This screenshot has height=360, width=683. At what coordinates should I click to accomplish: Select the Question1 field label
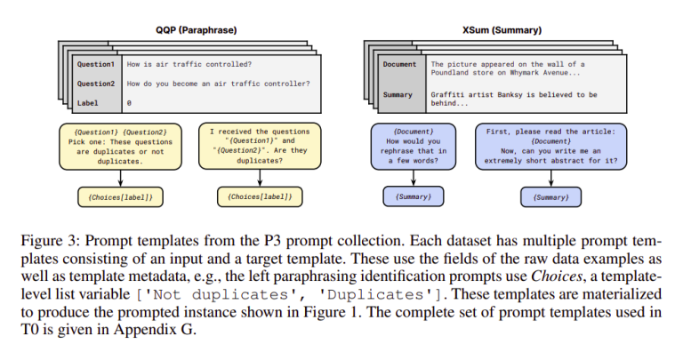tap(95, 65)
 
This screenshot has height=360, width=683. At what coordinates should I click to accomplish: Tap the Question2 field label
tap(95, 84)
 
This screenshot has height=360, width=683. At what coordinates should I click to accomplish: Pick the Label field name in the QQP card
tap(89, 103)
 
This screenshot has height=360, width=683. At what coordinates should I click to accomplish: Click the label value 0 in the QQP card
tap(130, 103)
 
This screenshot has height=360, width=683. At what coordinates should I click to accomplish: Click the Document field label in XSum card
tap(399, 65)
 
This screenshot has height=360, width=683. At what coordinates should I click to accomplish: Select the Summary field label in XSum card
tap(398, 93)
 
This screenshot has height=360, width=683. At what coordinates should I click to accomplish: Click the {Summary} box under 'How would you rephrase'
tap(413, 196)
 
